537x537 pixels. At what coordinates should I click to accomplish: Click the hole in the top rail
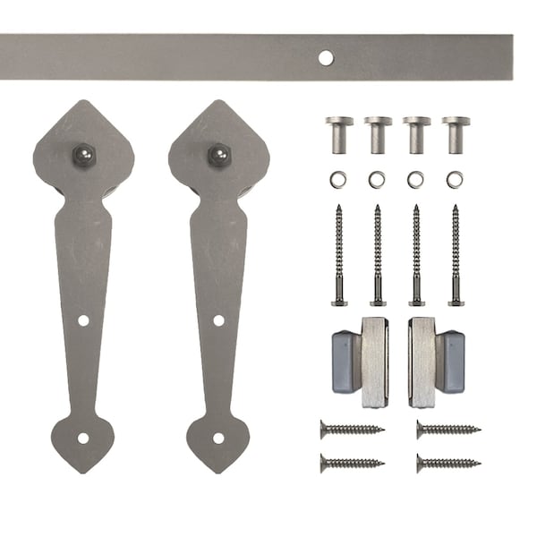326,58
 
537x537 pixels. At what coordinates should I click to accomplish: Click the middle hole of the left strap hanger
83,320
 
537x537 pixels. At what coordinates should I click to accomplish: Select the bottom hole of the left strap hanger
83,439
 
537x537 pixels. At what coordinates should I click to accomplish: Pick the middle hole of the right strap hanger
218,320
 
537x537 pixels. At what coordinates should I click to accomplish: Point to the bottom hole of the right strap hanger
218,439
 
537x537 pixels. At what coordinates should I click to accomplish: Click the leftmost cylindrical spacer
339,133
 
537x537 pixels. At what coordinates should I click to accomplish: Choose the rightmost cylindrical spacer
456,133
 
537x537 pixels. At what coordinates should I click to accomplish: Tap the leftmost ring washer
339,180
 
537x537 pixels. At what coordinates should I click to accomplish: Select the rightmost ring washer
456,180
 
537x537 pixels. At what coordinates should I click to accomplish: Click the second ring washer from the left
377,180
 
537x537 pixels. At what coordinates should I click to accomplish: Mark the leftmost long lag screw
339,256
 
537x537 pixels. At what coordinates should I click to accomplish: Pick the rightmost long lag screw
456,256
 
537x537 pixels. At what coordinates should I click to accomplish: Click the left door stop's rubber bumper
345,362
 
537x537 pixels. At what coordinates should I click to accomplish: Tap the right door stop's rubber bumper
451,362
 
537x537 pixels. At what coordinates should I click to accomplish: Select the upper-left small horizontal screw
352,430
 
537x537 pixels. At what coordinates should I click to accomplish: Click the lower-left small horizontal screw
352,463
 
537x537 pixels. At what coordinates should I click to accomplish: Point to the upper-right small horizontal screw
447,430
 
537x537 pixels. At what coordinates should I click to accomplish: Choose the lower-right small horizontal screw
447,463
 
